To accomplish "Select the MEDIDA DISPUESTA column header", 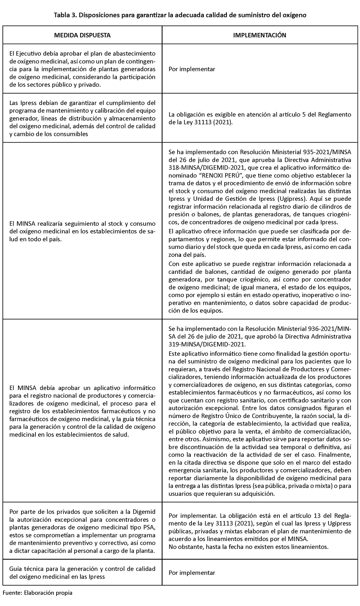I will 82,35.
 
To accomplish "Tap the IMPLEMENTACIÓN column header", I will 259,35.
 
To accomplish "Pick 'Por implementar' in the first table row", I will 192,69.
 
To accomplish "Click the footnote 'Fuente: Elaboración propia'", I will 37,592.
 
